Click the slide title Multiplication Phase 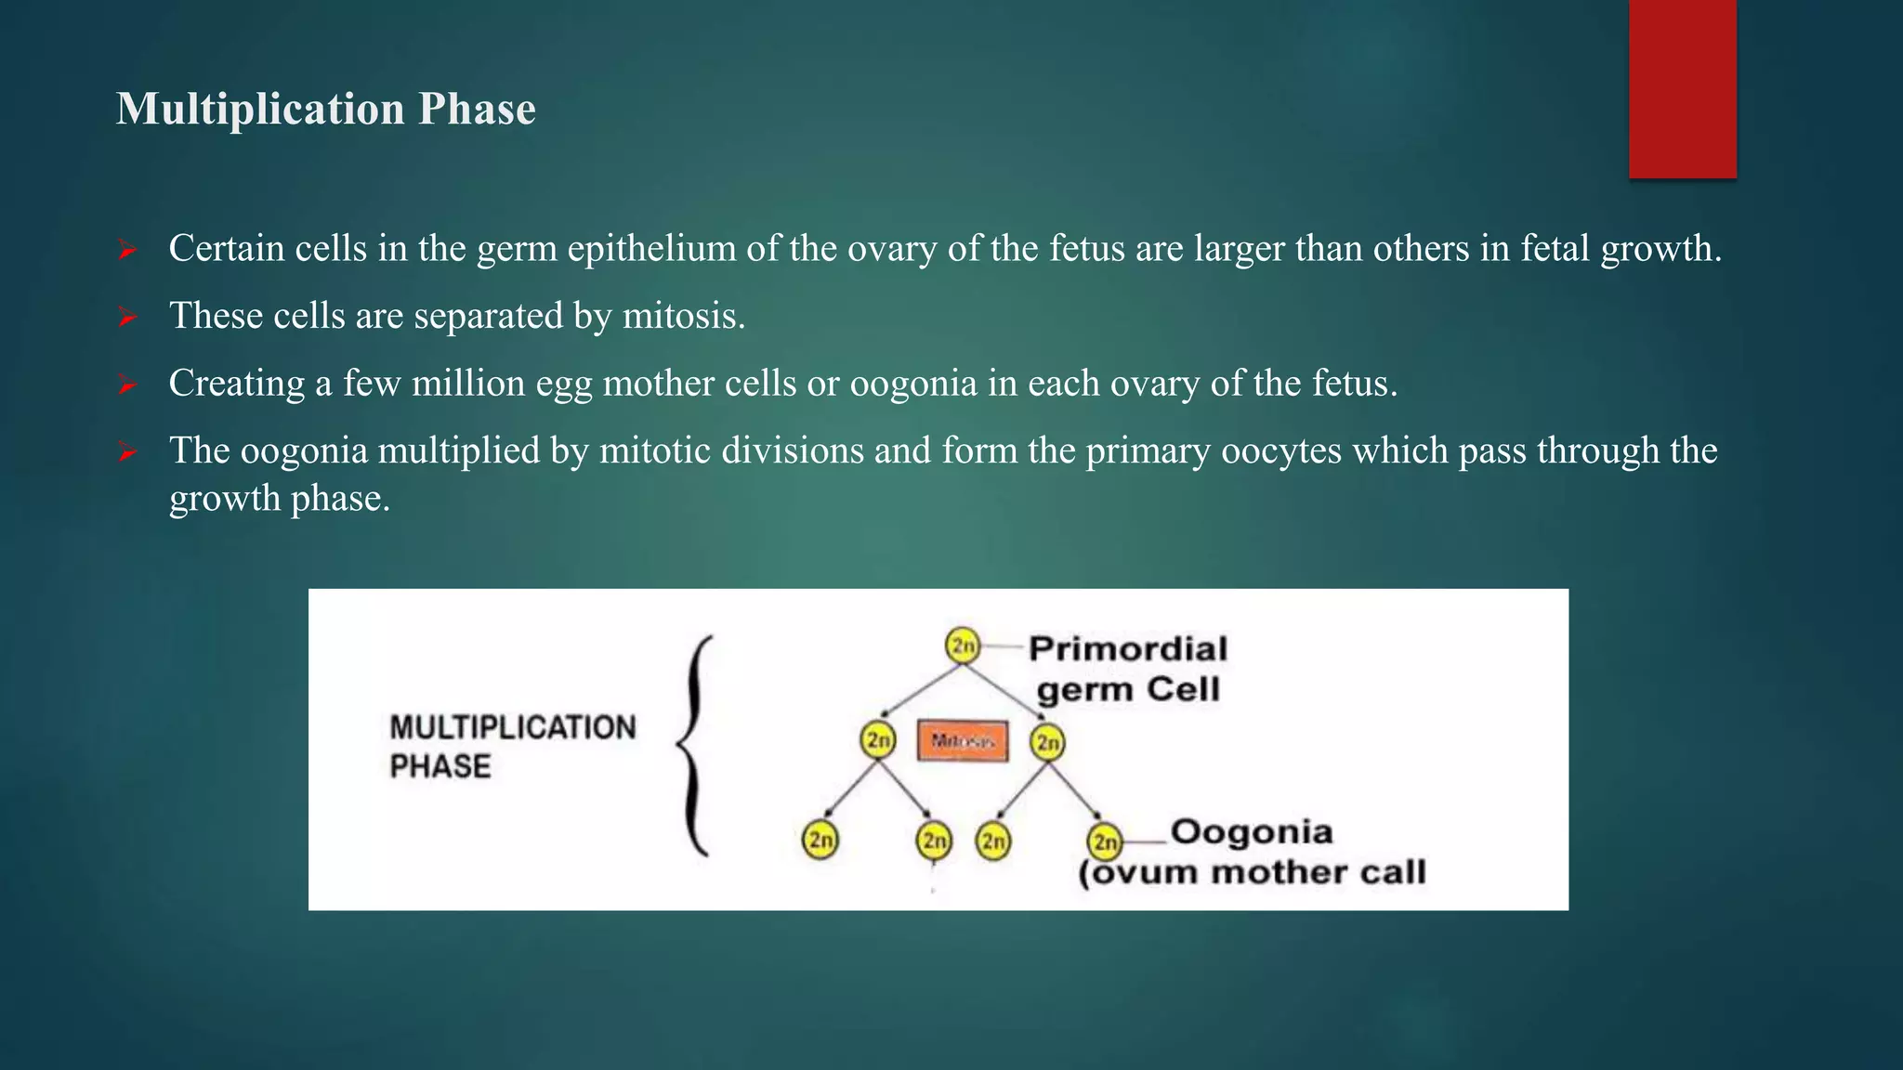coord(325,109)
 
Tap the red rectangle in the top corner coord(1682,88)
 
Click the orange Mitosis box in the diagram coord(962,741)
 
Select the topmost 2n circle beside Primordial coord(963,646)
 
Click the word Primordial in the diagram coord(1127,648)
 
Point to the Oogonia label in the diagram coord(1251,831)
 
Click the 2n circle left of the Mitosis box coord(878,740)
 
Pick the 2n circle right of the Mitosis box coord(1047,742)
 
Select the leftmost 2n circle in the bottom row coord(820,841)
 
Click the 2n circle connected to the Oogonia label coord(1105,842)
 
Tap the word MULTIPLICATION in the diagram coord(512,727)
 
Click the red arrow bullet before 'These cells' coord(127,318)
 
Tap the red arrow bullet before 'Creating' coord(127,385)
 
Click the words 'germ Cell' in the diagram coord(1127,689)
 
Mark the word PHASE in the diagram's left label coord(440,766)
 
